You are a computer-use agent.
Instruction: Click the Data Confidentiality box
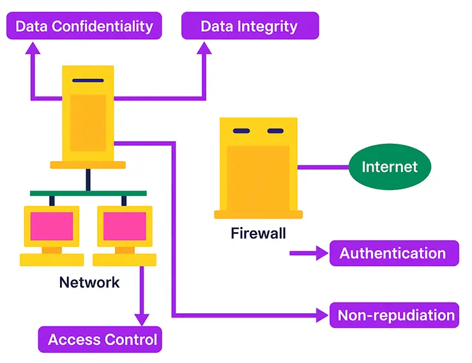click(84, 26)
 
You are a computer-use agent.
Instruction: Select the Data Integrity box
click(249, 26)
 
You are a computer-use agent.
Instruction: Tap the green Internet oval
click(390, 167)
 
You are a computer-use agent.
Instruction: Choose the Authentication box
click(393, 253)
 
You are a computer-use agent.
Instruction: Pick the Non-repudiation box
click(394, 315)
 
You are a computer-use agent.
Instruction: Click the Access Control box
click(101, 339)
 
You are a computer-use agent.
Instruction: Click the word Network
click(89, 282)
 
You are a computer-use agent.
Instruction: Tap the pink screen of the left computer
click(51, 226)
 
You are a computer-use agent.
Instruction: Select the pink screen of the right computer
click(124, 226)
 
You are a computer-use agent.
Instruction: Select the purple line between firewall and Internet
click(323, 167)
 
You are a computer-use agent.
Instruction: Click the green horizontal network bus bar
click(88, 193)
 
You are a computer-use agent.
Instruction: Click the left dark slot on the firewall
click(241, 131)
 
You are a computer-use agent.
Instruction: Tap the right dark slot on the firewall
click(275, 131)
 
